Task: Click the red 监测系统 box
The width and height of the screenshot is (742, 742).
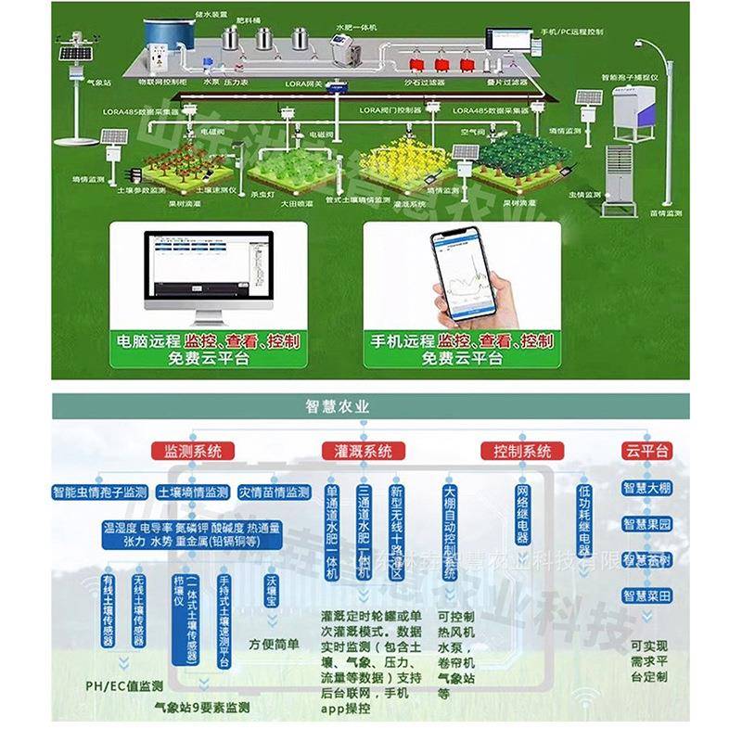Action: pos(194,452)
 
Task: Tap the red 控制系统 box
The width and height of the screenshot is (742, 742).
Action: pos(518,452)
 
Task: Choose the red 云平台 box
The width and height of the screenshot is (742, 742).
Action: pos(646,452)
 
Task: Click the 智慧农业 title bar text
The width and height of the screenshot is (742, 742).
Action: pos(338,406)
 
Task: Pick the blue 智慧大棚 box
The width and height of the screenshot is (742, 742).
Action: pos(647,488)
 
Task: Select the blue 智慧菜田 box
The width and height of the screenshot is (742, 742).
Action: pos(647,595)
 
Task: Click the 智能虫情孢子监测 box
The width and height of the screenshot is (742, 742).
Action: pos(100,492)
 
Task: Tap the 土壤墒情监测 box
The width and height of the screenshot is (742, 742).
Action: pos(193,492)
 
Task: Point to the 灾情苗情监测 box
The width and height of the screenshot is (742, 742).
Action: pos(274,492)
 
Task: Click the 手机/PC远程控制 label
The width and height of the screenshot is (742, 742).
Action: pos(571,32)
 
